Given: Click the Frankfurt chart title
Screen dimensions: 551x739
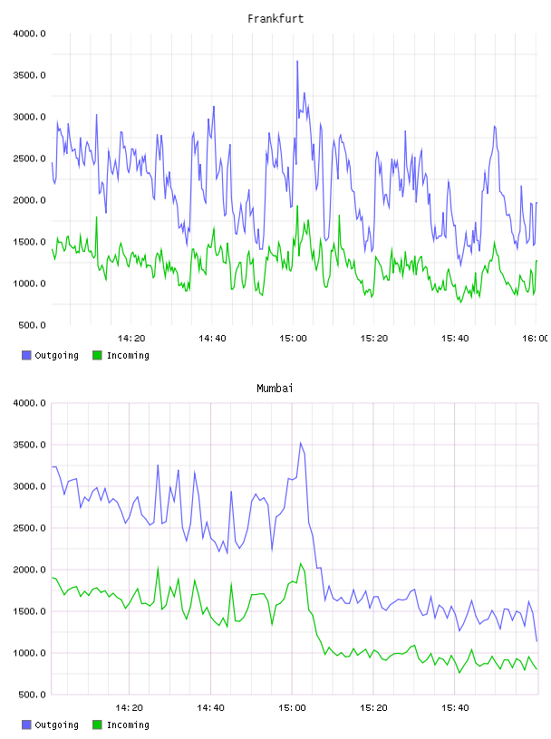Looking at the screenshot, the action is point(275,19).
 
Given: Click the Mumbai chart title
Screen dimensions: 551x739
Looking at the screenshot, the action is point(275,389).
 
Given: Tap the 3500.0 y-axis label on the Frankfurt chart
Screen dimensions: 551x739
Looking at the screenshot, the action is point(29,75).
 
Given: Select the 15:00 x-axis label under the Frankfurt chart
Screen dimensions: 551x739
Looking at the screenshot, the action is point(293,339).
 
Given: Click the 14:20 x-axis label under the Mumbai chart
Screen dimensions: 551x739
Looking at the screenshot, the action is point(129,708).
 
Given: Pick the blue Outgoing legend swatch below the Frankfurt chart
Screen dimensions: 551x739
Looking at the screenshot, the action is point(26,355).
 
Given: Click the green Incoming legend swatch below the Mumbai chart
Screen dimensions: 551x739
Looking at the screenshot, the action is point(97,725).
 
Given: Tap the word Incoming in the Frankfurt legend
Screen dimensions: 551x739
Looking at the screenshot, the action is point(128,356).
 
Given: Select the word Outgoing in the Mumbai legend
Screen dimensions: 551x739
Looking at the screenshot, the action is point(56,725).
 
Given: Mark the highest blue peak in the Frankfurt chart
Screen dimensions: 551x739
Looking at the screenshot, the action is point(297,62).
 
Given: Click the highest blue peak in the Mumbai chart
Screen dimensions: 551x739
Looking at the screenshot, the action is point(301,443).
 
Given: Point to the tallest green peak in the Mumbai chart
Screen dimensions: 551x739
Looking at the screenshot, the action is point(301,563).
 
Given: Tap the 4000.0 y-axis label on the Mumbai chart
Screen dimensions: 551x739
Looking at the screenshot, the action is point(29,403).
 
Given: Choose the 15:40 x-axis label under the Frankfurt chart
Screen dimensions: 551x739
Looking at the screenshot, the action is point(455,339).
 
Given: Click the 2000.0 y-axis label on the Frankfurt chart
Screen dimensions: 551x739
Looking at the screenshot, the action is point(29,200).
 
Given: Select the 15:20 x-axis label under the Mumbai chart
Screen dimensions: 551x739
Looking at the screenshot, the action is point(373,708).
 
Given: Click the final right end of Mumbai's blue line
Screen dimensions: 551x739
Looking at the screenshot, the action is point(536,641).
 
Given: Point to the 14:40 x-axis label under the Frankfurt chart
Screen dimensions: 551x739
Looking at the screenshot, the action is point(212,339).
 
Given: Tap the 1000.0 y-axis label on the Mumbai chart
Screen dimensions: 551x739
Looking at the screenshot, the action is point(29,653).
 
